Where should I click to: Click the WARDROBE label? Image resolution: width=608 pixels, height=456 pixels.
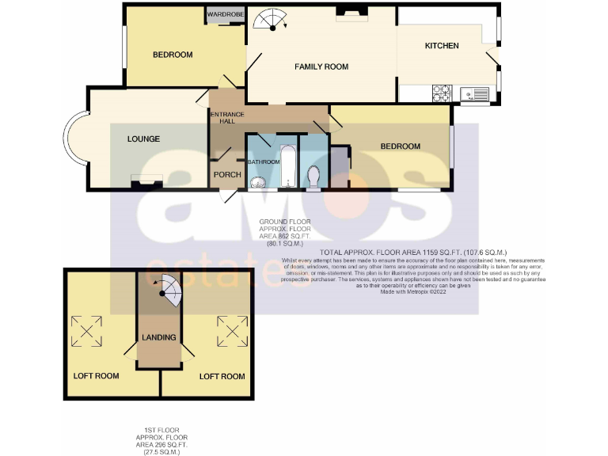[x=224, y=14]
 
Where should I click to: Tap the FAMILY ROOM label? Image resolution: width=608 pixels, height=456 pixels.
[x=321, y=66]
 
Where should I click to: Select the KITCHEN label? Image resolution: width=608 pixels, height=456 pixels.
[x=442, y=46]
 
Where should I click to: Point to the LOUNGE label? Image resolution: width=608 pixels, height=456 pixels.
[x=143, y=139]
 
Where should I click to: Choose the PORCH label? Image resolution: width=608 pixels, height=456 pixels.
[x=227, y=175]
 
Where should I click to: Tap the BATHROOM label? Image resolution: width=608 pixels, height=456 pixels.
[x=264, y=162]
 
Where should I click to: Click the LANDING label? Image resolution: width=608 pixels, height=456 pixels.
[x=158, y=338]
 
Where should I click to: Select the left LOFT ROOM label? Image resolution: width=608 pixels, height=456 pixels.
[x=96, y=376]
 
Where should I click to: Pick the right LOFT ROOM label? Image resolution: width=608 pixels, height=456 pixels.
[x=222, y=377]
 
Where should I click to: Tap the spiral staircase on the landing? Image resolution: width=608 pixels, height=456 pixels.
[x=166, y=291]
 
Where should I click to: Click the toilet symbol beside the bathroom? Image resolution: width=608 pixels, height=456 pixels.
[x=313, y=178]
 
